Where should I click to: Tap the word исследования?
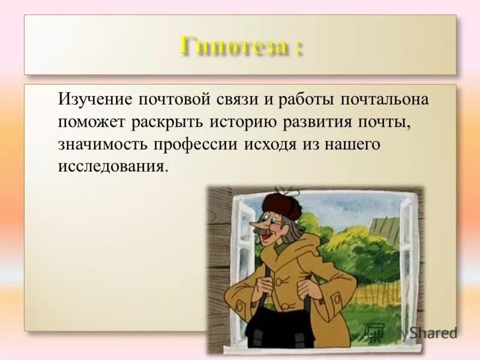[x=111, y=166]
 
